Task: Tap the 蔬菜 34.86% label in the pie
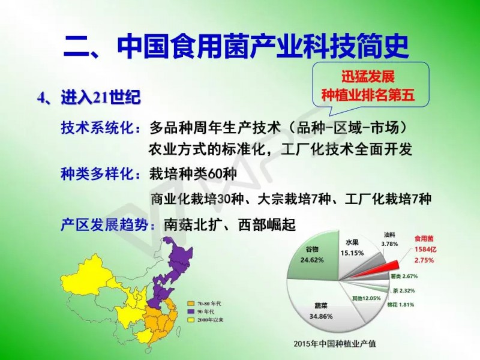coord(321,311)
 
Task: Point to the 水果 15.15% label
coord(352,248)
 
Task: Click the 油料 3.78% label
coord(389,239)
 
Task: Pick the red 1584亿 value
coord(425,250)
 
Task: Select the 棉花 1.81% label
coord(400,305)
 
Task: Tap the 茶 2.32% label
coord(404,290)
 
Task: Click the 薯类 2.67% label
coord(404,276)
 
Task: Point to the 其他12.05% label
coord(367,298)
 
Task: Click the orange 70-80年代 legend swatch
coord(191,304)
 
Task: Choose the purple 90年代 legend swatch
coord(191,311)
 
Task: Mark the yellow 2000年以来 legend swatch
coord(191,320)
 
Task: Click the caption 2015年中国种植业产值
coord(335,343)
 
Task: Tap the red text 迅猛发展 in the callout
coord(368,77)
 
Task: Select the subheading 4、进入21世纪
coord(89,98)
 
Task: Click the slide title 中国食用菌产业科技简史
coord(263,47)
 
